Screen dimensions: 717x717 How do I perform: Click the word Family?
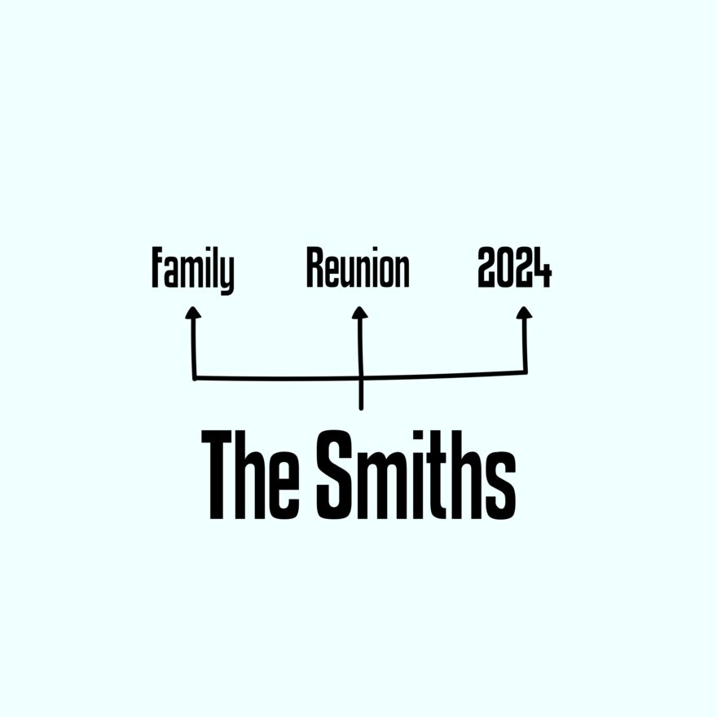click(x=192, y=271)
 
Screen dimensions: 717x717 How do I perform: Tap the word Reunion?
click(x=358, y=267)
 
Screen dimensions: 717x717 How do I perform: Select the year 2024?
click(x=514, y=267)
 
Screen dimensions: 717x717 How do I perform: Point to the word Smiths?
click(x=416, y=474)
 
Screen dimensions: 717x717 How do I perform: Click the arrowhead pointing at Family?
click(x=193, y=312)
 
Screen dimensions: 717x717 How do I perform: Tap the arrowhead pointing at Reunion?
click(x=360, y=312)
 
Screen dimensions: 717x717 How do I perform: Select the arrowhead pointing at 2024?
click(x=524, y=312)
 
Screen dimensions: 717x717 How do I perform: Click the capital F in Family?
click(x=157, y=267)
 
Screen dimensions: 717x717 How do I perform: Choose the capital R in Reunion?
click(x=315, y=267)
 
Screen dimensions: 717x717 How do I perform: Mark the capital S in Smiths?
click(x=336, y=474)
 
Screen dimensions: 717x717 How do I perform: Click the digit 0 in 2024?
click(x=505, y=267)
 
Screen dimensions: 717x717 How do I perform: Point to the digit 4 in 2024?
click(x=543, y=267)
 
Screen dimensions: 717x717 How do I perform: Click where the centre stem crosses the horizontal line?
click(x=361, y=378)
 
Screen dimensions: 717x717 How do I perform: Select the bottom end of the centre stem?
click(x=361, y=408)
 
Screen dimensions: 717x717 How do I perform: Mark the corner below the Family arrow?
click(x=195, y=378)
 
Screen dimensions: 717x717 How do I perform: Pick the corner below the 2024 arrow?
click(x=526, y=372)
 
